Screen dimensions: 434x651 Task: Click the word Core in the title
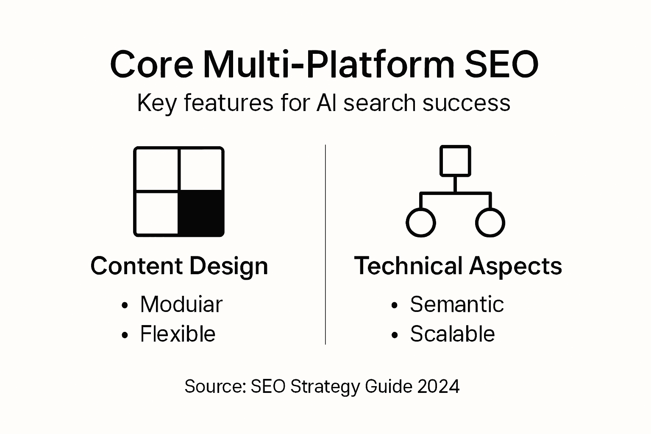(x=151, y=64)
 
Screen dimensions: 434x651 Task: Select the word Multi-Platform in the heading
(x=328, y=64)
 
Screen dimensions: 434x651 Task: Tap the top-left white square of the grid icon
(x=157, y=169)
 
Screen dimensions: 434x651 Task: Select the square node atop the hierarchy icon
(x=455, y=161)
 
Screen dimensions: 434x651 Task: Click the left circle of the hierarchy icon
(x=420, y=222)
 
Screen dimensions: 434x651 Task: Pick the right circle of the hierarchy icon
(x=490, y=222)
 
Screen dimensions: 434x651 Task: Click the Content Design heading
(x=179, y=266)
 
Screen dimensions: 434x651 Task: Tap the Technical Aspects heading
(x=458, y=266)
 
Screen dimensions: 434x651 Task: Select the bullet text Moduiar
(x=181, y=304)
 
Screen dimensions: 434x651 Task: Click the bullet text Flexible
(x=178, y=334)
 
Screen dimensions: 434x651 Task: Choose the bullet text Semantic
(x=456, y=304)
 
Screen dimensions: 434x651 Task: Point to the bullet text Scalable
(x=452, y=334)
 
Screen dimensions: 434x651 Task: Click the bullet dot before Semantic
(x=395, y=305)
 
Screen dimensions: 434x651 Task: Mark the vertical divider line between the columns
(x=325, y=244)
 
